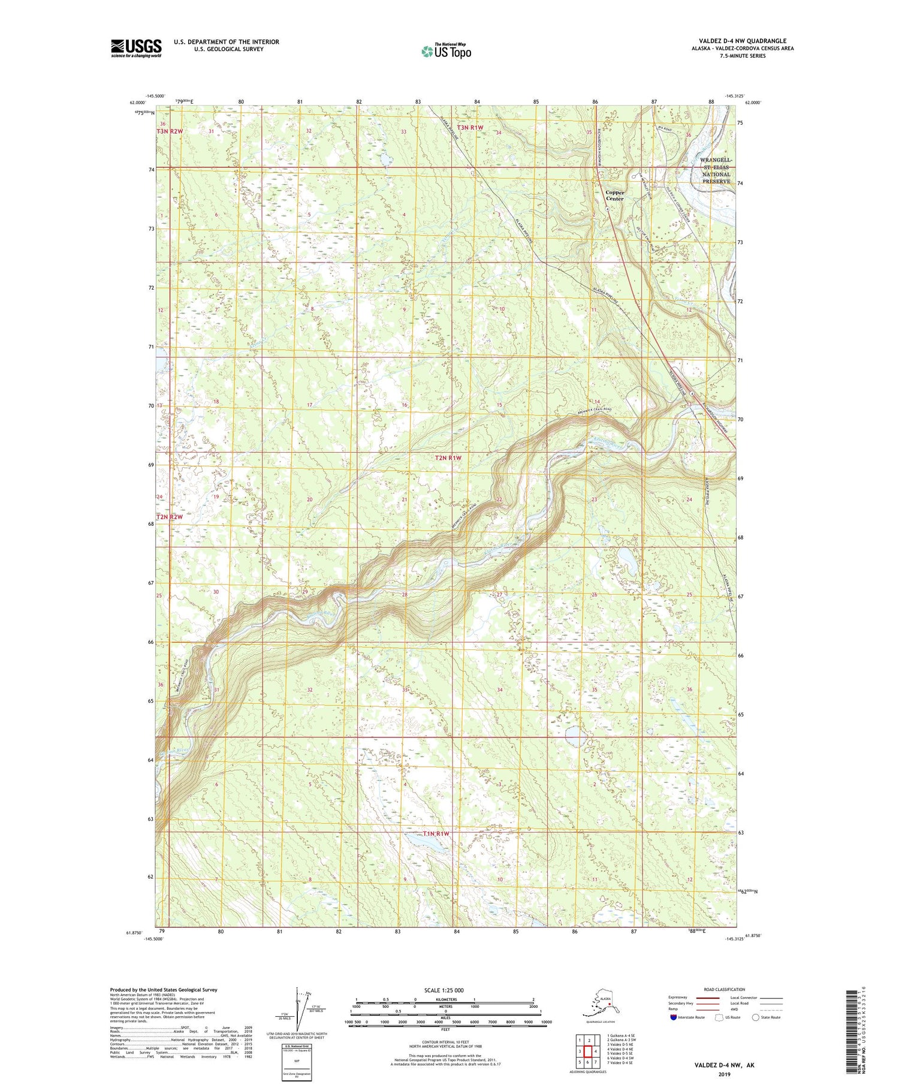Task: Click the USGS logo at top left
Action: (136, 48)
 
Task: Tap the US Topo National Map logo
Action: (446, 51)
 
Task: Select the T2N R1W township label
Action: (448, 458)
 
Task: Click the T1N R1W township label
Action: (436, 834)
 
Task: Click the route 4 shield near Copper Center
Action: (607, 209)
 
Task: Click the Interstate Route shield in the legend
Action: (674, 1017)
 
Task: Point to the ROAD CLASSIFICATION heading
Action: (724, 989)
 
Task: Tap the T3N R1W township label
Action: (470, 127)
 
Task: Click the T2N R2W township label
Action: (170, 517)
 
